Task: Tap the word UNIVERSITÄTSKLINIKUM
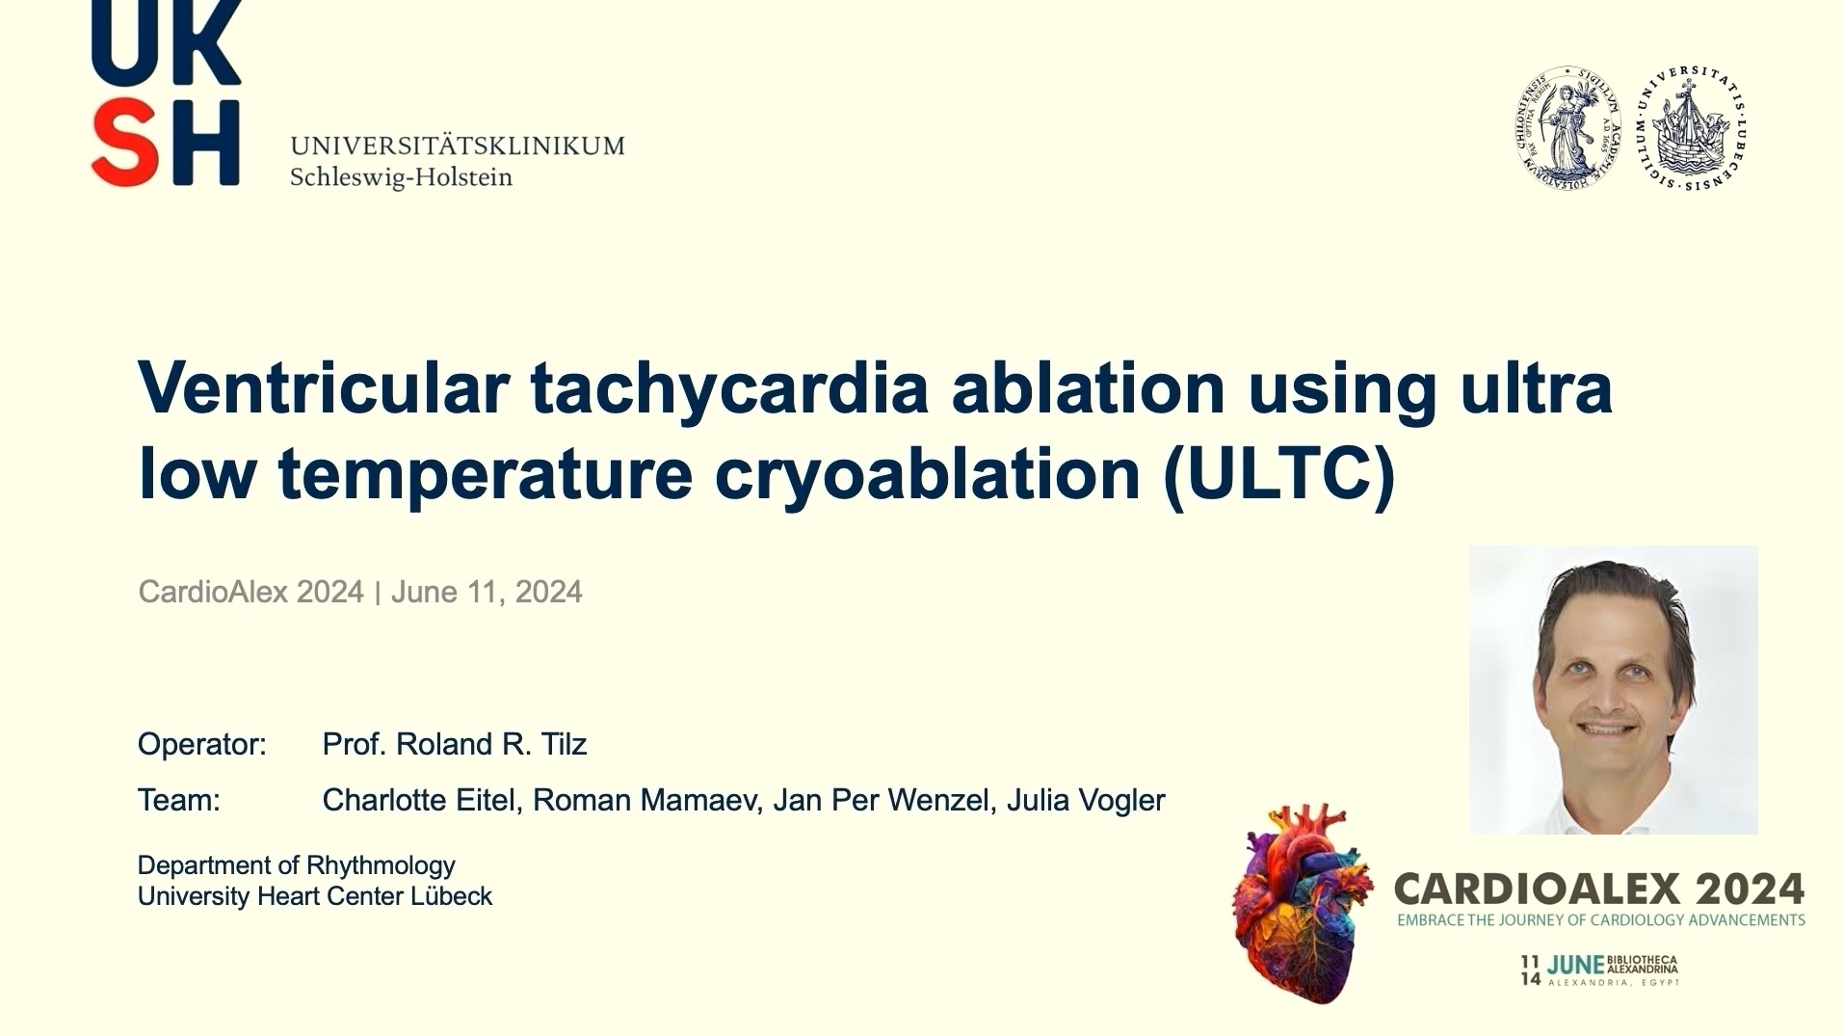457,146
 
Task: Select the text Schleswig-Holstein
401,177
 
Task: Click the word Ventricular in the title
323,387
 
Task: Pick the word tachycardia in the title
729,387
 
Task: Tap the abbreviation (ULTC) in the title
1278,472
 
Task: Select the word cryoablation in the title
928,472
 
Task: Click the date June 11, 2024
487,592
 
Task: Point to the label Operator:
201,744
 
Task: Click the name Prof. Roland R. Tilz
454,744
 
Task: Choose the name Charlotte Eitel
418,800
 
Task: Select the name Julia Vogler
1086,800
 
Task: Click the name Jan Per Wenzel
882,800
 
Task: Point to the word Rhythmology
381,864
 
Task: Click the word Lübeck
451,896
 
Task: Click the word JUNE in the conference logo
1575,965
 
